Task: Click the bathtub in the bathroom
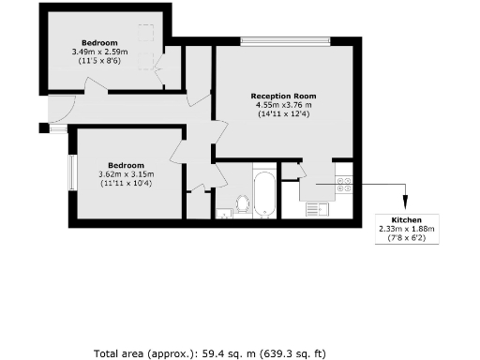tap(264, 194)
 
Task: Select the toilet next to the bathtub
tap(242, 203)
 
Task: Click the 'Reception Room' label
tap(283, 96)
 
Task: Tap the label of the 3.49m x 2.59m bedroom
tap(98, 43)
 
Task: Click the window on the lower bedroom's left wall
tap(70, 173)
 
